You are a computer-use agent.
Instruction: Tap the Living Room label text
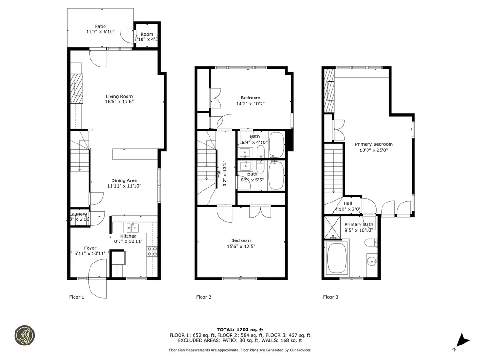(119, 97)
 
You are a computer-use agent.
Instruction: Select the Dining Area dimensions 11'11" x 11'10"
(124, 186)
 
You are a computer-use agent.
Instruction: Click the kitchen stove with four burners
(152, 251)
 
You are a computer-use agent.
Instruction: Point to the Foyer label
(90, 248)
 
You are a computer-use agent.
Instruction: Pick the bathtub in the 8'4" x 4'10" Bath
(277, 144)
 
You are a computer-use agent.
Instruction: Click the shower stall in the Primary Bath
(333, 226)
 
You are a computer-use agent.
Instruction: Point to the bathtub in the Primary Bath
(337, 258)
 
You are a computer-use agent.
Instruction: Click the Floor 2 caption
(204, 297)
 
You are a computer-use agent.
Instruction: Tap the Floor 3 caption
(331, 297)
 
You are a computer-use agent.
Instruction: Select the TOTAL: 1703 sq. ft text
(240, 330)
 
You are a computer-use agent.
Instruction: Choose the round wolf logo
(24, 335)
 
